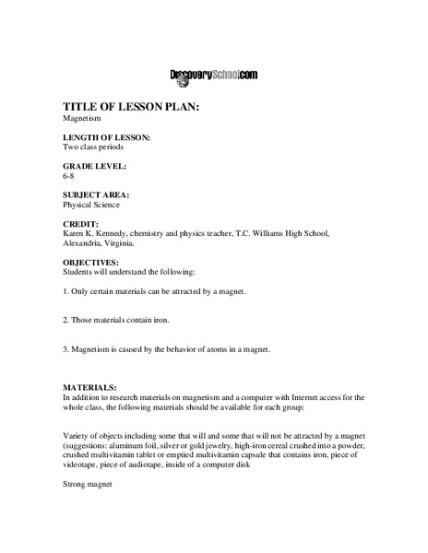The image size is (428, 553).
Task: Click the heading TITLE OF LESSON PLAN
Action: [x=131, y=107]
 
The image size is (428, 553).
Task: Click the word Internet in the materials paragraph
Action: [x=298, y=399]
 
